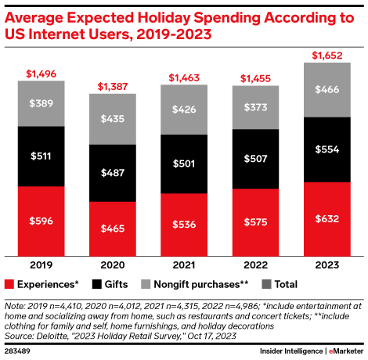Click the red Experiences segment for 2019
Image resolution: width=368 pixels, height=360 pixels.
click(41, 221)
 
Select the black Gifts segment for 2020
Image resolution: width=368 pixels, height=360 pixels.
click(113, 173)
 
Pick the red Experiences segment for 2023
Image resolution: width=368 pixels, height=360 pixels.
click(327, 219)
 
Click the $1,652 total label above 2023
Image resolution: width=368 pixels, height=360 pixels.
click(327, 55)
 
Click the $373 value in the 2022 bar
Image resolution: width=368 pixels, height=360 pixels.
click(255, 107)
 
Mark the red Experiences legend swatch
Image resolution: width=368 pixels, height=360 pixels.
click(10, 283)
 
